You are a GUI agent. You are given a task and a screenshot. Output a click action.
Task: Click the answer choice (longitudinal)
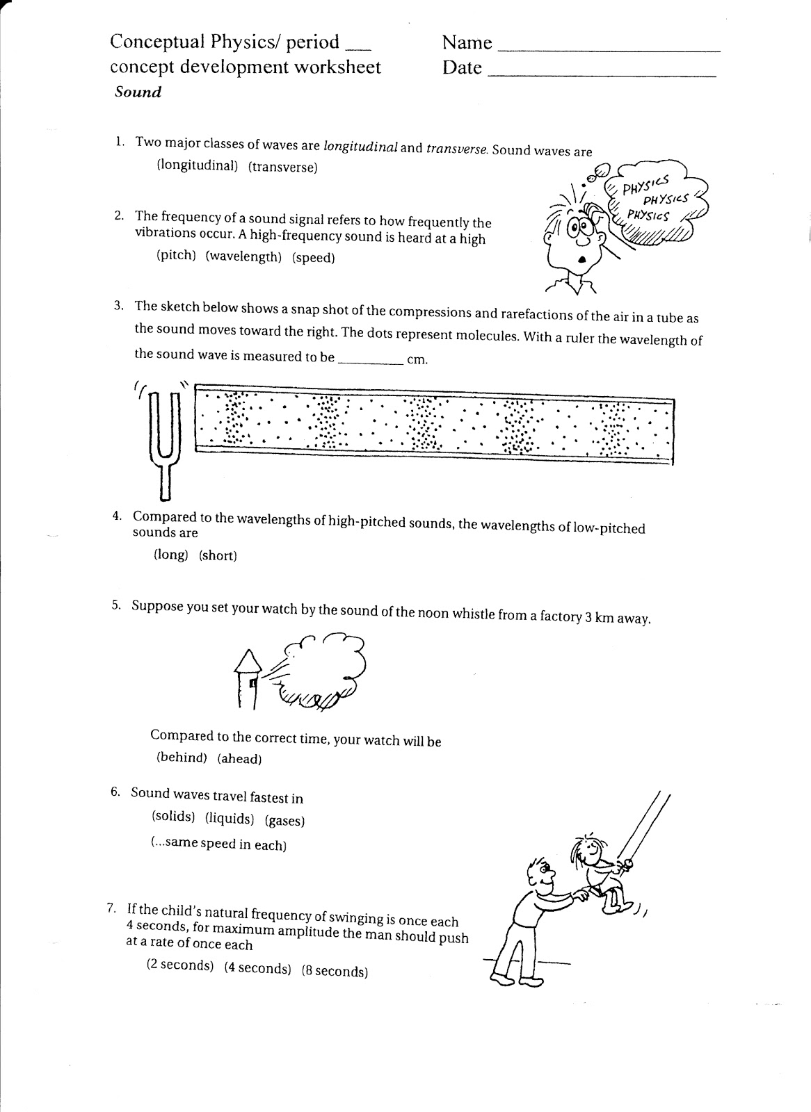coord(198,165)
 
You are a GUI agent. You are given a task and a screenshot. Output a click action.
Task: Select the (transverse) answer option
coord(283,167)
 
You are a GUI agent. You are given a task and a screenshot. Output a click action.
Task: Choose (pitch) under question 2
coord(176,255)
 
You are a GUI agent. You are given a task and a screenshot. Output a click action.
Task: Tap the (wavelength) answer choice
coord(243,256)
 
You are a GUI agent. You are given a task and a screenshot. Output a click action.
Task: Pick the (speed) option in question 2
coord(314,258)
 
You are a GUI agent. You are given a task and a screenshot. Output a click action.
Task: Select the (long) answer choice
coord(171,554)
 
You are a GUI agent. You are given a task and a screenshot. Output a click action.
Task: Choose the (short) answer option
coord(218,555)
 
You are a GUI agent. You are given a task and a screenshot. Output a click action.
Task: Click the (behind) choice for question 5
coord(182,757)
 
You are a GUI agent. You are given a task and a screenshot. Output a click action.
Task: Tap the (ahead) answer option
coord(239,758)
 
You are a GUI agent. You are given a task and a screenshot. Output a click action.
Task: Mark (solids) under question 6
coord(173,816)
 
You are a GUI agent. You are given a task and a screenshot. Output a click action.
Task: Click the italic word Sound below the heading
coord(138,92)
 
